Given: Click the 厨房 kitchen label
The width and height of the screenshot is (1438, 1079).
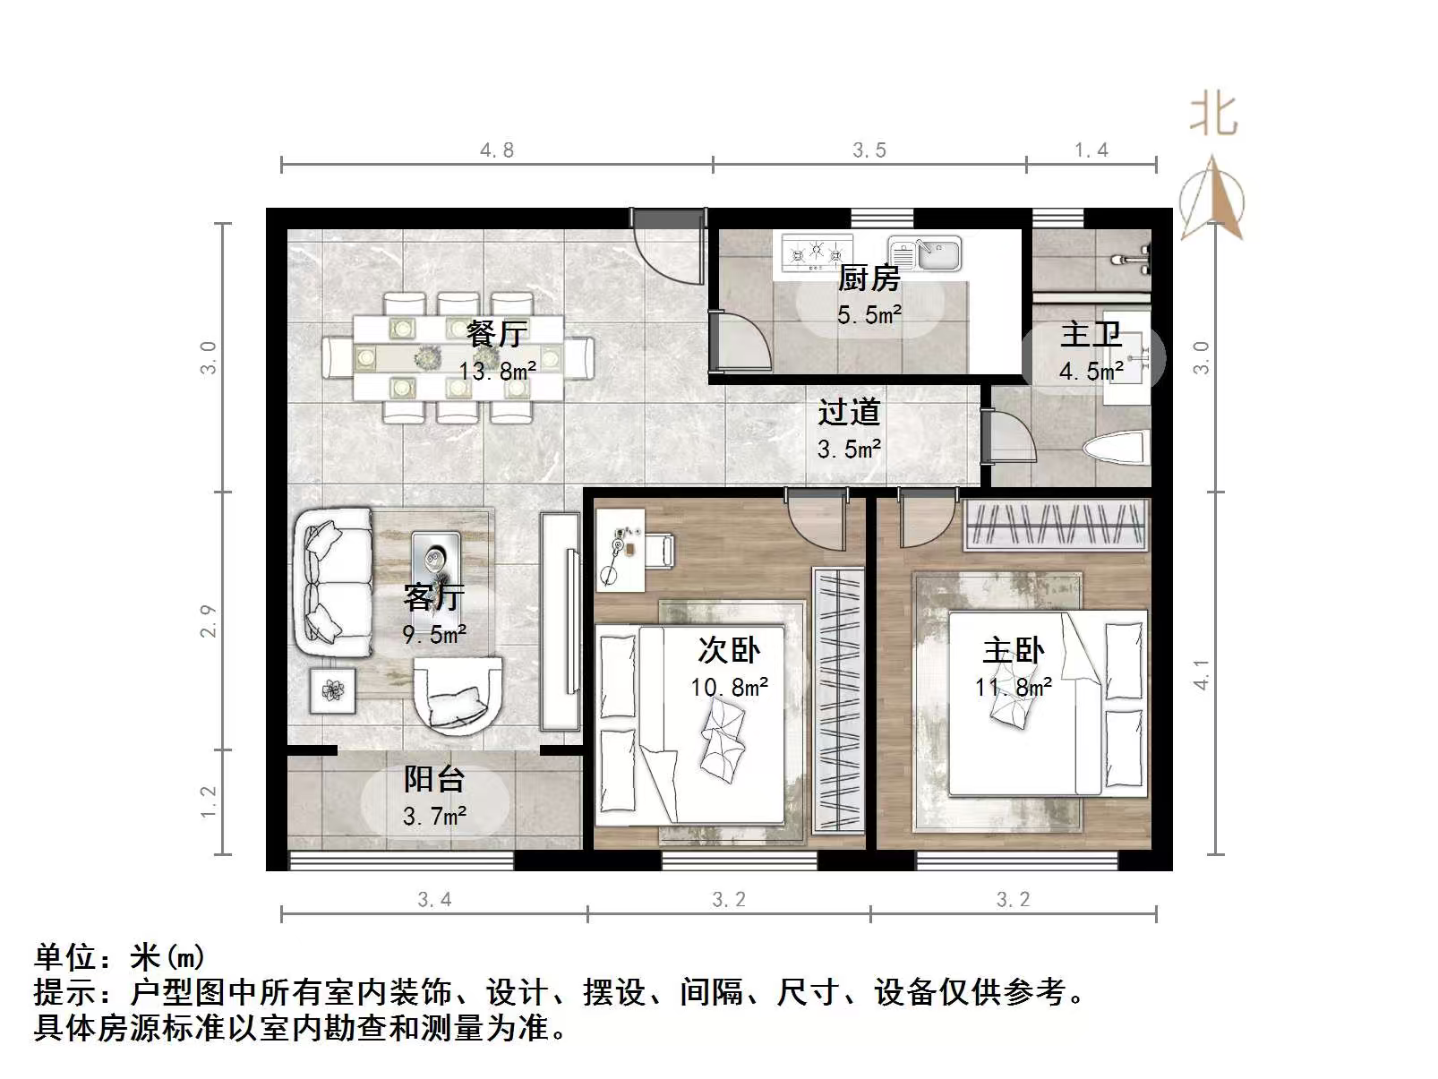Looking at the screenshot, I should click(x=869, y=278).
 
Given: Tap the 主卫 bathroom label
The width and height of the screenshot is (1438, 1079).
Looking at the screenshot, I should click(x=1091, y=335).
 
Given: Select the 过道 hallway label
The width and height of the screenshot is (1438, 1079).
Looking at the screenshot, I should click(x=849, y=413).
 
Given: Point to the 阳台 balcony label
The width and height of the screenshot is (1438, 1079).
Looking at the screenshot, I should click(x=434, y=779).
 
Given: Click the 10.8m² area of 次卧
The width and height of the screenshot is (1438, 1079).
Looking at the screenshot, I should click(x=729, y=688).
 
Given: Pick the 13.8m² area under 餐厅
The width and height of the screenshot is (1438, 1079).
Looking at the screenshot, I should click(x=498, y=371).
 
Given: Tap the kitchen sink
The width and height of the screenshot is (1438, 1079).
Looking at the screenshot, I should click(x=925, y=253).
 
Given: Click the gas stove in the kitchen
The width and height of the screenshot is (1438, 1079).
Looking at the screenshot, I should click(x=817, y=252).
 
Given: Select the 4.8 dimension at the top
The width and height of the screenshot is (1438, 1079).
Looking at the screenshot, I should click(x=497, y=150).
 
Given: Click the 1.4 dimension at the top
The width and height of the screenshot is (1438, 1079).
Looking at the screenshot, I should click(x=1091, y=150).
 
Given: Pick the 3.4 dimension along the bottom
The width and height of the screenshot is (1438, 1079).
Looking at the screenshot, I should click(x=434, y=899).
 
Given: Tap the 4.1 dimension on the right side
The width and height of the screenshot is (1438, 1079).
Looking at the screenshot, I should click(x=1202, y=674).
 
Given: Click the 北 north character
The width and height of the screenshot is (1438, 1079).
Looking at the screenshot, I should click(x=1213, y=116).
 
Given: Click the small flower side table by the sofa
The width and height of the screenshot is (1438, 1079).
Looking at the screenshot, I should click(x=332, y=690).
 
